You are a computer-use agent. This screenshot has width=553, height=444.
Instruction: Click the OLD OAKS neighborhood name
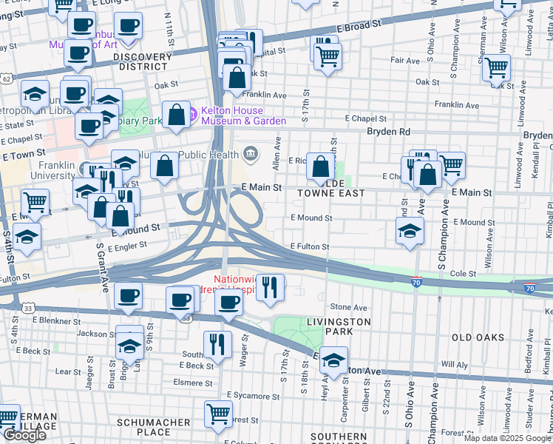coord(478,337)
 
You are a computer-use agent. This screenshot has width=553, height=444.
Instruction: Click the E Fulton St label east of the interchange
coord(310,246)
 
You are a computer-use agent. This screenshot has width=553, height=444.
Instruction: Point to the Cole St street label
coord(463,273)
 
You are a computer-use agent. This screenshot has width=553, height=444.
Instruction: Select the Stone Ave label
coord(348,306)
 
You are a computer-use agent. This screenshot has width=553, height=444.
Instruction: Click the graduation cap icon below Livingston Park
coord(335,362)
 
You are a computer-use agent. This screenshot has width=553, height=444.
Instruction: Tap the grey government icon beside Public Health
coord(251,154)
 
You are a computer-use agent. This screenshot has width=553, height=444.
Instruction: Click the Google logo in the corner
coord(24,435)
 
